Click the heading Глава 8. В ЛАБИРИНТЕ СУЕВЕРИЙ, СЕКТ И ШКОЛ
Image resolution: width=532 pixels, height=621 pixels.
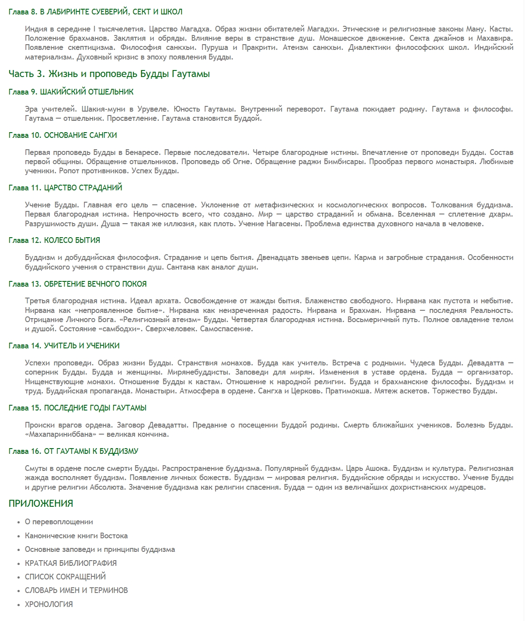click(95, 12)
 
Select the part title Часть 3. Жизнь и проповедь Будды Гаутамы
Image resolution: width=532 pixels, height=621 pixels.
click(109, 74)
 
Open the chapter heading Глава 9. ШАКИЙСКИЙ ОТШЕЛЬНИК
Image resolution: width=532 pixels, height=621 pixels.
click(71, 92)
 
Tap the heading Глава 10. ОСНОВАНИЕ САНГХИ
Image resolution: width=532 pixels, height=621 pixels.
click(63, 135)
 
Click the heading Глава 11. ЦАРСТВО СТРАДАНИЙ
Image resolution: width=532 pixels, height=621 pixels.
click(65, 188)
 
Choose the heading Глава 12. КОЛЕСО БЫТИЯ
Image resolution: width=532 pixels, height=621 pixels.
click(54, 240)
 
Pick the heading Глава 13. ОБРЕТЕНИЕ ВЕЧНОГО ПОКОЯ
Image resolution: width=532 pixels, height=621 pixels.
click(77, 284)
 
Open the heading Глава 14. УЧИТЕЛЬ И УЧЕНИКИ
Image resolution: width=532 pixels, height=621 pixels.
click(64, 346)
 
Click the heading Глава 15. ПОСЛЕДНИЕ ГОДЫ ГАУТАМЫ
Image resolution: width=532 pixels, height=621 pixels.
click(77, 408)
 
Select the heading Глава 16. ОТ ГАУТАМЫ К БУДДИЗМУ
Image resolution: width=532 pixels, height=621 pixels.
click(73, 451)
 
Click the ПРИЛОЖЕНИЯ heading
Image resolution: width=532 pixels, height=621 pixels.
click(41, 504)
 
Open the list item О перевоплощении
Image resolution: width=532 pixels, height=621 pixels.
click(59, 522)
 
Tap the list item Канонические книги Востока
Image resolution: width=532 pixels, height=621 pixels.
click(76, 536)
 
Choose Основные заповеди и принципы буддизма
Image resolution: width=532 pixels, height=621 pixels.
click(100, 549)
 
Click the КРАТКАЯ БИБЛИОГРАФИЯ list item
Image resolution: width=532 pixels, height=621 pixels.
click(71, 563)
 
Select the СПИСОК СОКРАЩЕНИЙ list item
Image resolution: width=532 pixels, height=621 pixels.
click(65, 577)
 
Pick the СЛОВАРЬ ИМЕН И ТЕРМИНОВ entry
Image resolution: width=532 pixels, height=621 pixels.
click(76, 590)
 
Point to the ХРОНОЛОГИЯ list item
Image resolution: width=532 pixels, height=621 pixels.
click(49, 604)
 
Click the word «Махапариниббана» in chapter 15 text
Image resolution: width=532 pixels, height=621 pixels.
click(61, 435)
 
